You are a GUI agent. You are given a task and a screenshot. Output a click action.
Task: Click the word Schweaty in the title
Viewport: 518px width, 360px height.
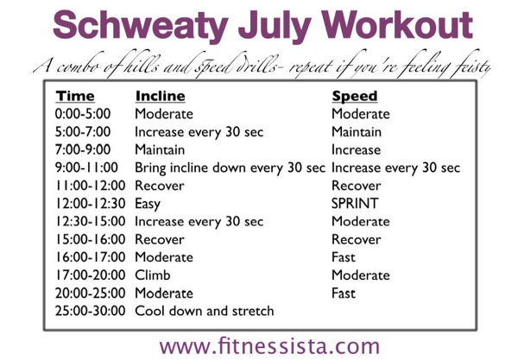tap(138, 25)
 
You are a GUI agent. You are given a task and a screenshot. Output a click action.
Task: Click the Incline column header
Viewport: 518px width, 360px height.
tap(160, 97)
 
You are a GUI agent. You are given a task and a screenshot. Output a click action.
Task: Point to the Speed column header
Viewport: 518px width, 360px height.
tap(355, 97)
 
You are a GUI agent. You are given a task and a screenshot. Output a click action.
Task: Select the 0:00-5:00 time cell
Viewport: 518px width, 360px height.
tap(87, 115)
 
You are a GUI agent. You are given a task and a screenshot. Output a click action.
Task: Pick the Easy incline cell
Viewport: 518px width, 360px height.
tap(149, 204)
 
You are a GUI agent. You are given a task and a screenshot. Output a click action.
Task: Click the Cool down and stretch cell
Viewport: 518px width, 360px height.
tap(205, 311)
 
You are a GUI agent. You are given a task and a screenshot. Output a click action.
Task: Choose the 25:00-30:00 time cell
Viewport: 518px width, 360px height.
tap(91, 311)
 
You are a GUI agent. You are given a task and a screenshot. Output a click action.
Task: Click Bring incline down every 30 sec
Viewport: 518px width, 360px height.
tap(231, 168)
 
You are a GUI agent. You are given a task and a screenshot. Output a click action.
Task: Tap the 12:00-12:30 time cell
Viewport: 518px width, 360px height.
tap(91, 204)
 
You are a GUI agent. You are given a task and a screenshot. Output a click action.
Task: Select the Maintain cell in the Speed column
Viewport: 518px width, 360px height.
tap(357, 132)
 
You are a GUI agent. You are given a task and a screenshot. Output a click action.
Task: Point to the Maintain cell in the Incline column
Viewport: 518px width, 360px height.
tap(161, 150)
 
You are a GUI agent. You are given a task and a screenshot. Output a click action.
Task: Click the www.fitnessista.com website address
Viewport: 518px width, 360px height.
tap(269, 345)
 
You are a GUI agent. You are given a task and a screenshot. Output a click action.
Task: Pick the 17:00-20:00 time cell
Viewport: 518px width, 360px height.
tap(91, 275)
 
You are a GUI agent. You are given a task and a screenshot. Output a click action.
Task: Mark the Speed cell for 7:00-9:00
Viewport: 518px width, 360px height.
tap(355, 150)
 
